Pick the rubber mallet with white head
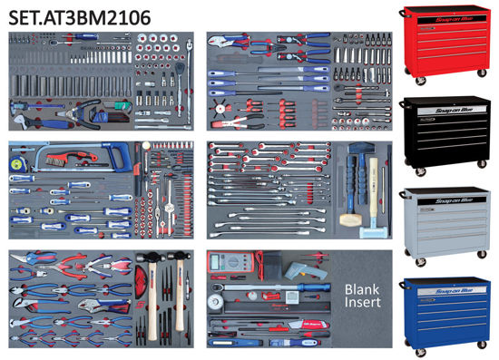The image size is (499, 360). (350, 218)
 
